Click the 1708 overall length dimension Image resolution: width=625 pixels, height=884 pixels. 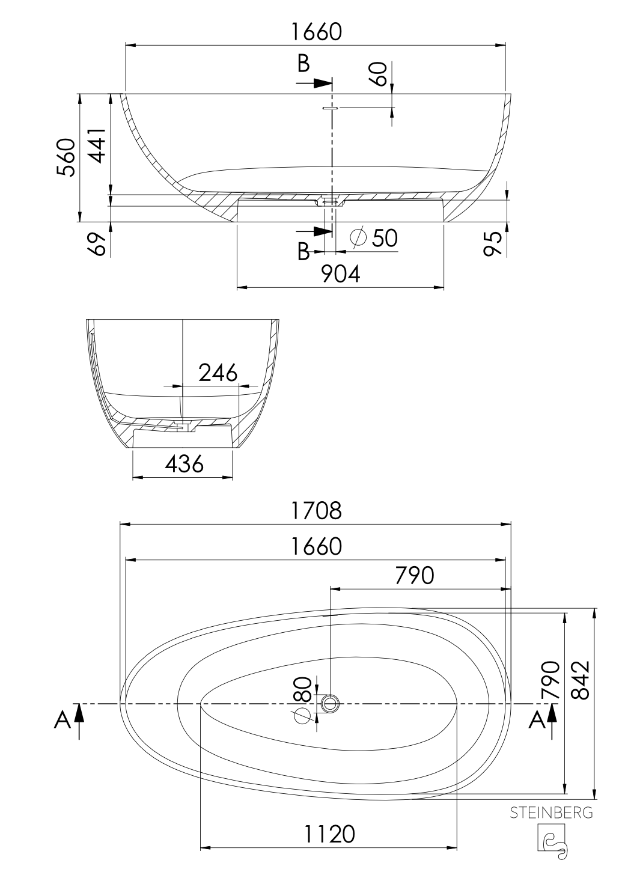(x=316, y=511)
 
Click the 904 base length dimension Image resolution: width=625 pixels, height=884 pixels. (x=341, y=274)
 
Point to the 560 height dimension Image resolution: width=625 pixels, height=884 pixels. (x=66, y=157)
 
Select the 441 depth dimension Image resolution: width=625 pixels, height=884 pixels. (x=97, y=145)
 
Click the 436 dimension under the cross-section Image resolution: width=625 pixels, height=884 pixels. (x=184, y=464)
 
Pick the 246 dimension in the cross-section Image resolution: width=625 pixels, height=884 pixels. (x=218, y=373)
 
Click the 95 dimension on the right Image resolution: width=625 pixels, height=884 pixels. (x=493, y=243)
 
